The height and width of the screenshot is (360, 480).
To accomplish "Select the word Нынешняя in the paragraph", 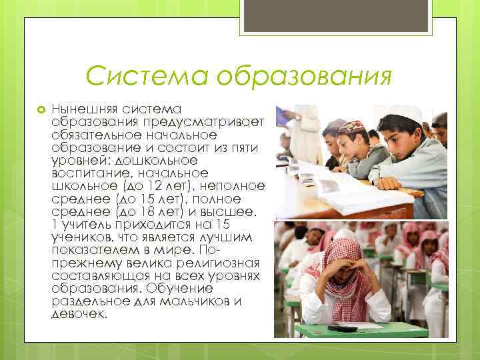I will coord(82,108).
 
